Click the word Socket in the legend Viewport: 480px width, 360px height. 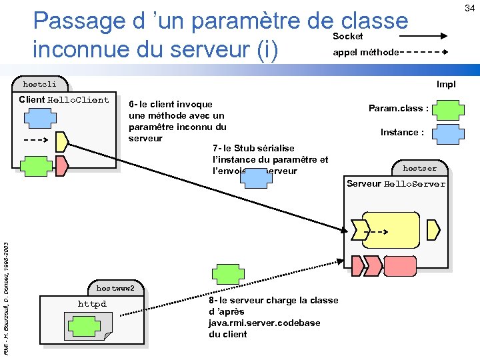pyautogui.click(x=347, y=36)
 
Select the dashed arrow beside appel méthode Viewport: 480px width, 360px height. pyautogui.click(x=427, y=52)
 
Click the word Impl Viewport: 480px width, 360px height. pyautogui.click(x=446, y=85)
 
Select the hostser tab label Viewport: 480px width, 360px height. pyautogui.click(x=419, y=168)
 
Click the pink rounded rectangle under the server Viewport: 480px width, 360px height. pyautogui.click(x=401, y=267)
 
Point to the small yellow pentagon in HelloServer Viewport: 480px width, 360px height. pyautogui.click(x=433, y=230)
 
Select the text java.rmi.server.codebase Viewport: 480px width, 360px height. pyautogui.click(x=264, y=323)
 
